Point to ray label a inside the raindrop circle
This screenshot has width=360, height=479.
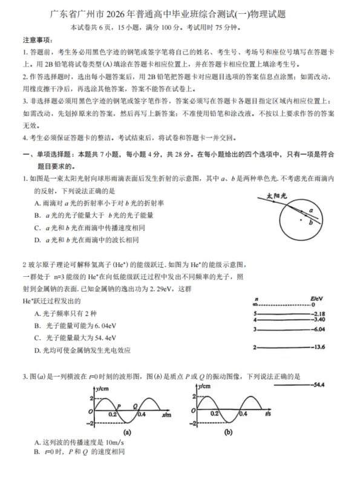(x=310, y=211)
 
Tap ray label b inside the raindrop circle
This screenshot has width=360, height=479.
(x=310, y=223)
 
